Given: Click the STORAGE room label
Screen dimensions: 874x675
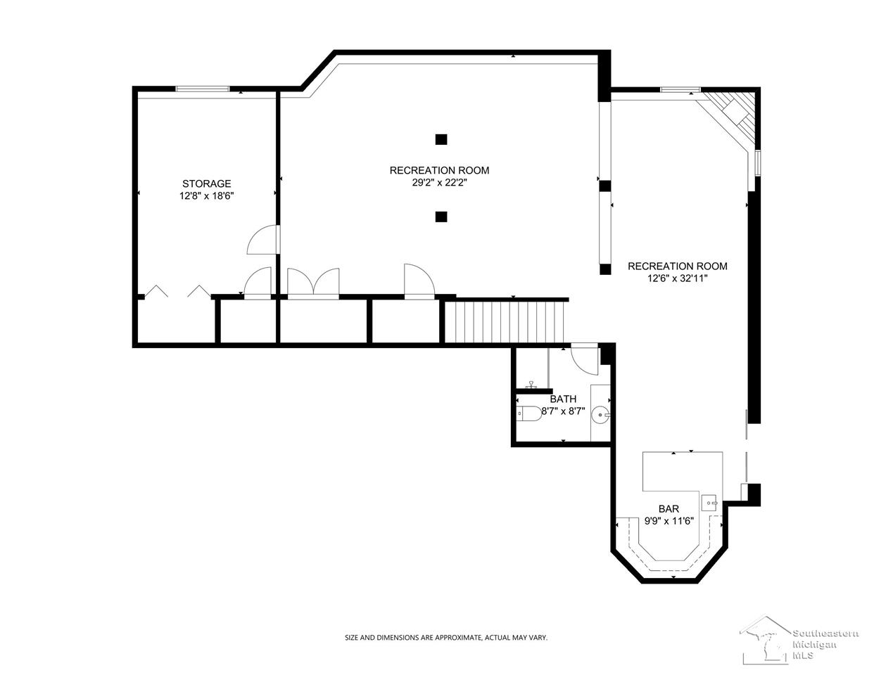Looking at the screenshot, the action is pyautogui.click(x=206, y=184).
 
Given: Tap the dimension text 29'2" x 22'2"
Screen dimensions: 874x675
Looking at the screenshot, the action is pyautogui.click(x=439, y=183).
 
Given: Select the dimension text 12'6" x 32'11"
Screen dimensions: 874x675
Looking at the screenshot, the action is pyautogui.click(x=678, y=278).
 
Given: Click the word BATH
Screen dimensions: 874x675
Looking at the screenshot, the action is pyautogui.click(x=563, y=399).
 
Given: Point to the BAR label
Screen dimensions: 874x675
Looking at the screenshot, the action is pyautogui.click(x=669, y=508).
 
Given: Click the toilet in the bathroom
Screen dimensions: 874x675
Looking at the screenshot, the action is pyautogui.click(x=528, y=413).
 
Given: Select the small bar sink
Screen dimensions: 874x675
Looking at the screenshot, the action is pyautogui.click(x=709, y=503).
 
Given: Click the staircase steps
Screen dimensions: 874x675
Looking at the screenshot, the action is pyautogui.click(x=505, y=322).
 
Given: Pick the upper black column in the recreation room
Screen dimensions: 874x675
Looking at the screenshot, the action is pyautogui.click(x=441, y=139).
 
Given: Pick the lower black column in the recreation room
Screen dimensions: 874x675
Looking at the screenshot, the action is pyautogui.click(x=441, y=217).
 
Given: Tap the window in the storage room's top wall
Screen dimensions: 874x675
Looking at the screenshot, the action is pyautogui.click(x=203, y=89).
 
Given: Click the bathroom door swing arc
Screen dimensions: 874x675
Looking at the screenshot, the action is pyautogui.click(x=584, y=359).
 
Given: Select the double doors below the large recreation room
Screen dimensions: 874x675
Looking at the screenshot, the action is pyautogui.click(x=313, y=283).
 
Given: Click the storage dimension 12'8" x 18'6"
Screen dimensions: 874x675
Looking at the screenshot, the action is pyautogui.click(x=206, y=196).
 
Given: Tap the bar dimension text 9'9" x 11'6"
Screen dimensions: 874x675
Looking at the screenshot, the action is pyautogui.click(x=669, y=521).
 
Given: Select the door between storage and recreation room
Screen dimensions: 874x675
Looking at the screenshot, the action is pyautogui.click(x=263, y=240).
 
